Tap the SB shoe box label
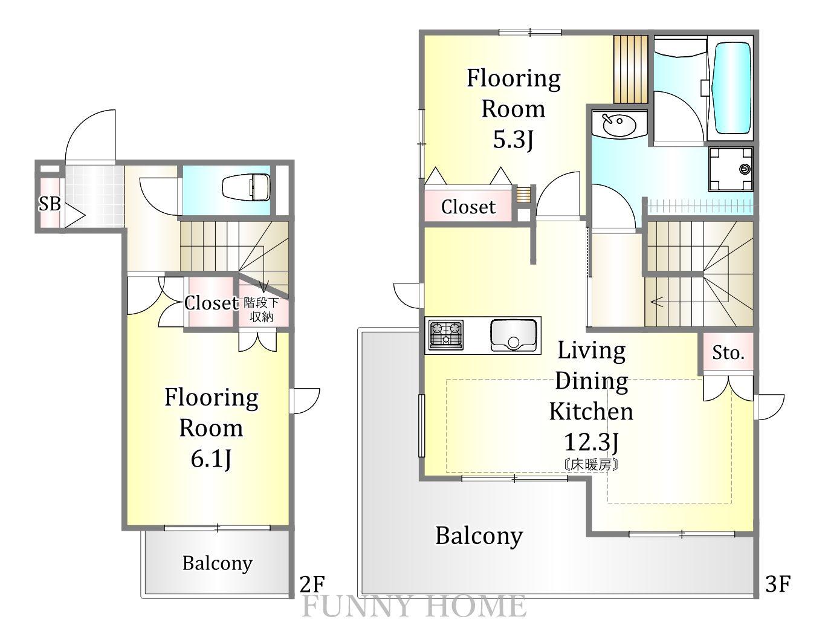[50, 204]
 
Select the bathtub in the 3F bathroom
[732, 88]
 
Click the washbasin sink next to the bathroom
[619, 124]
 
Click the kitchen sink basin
[513, 335]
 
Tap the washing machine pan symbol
[731, 169]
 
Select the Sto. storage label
[728, 353]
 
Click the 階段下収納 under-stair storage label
[262, 309]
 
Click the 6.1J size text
[211, 459]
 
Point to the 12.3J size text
[591, 442]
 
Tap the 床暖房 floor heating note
[590, 465]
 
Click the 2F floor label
[312, 584]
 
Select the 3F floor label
[778, 584]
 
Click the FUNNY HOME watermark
[414, 606]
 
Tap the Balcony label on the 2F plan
[218, 564]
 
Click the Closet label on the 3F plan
[468, 207]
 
